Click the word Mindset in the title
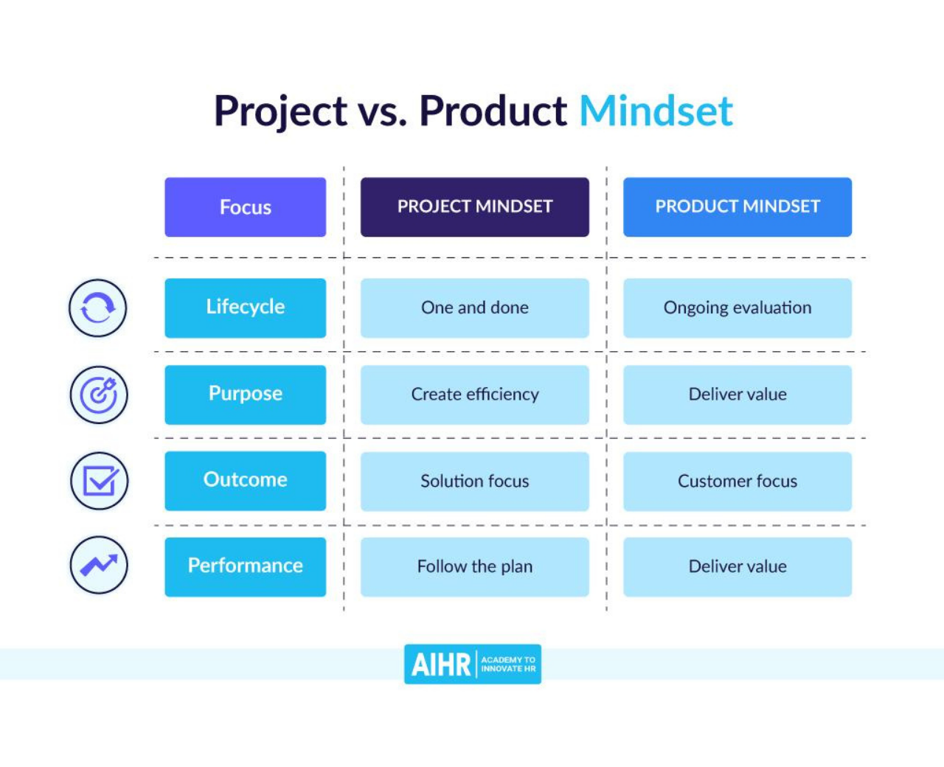pos(656,111)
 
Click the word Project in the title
pos(280,111)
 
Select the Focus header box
pos(246,207)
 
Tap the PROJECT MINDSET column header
pos(475,207)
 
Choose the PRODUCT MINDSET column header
pos(737,207)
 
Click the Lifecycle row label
pos(246,308)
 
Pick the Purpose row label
pos(246,395)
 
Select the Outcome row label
pos(246,481)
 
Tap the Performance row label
pos(246,566)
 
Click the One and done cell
pos(475,308)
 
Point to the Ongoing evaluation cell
pos(737,308)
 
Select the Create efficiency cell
pos(475,395)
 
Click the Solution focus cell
pos(475,481)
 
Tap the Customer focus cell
pos(737,481)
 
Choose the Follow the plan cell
pos(475,566)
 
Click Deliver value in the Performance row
pos(737,566)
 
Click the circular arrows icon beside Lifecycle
pos(97,308)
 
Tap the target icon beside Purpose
pos(99,395)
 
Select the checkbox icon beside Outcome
pos(100,481)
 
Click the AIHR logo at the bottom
pos(473,664)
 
